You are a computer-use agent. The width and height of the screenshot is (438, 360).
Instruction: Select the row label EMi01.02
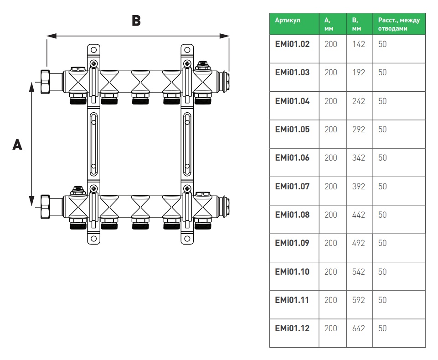click(292, 44)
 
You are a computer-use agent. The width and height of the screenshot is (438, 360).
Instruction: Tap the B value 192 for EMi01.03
click(359, 73)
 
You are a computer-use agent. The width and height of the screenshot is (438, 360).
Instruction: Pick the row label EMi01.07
click(292, 186)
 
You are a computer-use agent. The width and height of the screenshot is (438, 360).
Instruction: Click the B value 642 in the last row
click(359, 329)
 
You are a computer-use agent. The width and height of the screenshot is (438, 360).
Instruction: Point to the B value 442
click(359, 215)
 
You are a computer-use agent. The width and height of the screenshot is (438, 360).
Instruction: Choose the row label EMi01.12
click(292, 329)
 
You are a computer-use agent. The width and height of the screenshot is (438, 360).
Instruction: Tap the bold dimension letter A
click(17, 145)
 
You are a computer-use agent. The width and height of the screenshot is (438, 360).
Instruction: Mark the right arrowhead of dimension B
click(226, 36)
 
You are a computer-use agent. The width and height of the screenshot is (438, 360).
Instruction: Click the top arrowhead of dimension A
click(31, 85)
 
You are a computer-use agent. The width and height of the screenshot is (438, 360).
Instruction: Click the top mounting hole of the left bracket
click(93, 49)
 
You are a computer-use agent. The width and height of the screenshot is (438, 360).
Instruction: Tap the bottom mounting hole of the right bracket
click(187, 238)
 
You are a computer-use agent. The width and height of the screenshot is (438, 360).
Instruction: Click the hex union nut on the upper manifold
click(46, 81)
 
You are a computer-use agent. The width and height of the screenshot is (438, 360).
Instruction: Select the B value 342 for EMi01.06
click(359, 158)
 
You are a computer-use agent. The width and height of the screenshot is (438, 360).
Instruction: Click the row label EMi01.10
click(292, 271)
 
